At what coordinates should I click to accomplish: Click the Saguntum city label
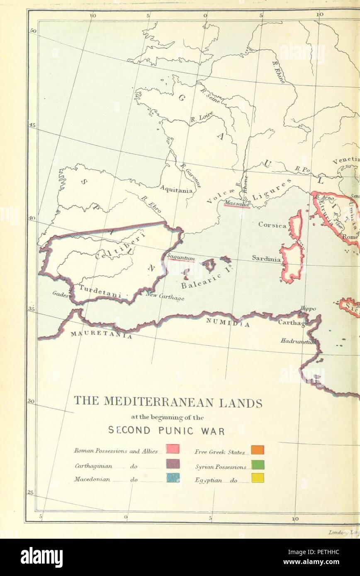(x=181, y=257)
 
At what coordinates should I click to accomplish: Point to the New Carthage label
(x=165, y=296)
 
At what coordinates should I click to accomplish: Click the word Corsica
(x=272, y=225)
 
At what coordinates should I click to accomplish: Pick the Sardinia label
(x=266, y=258)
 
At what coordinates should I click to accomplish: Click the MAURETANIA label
(x=101, y=334)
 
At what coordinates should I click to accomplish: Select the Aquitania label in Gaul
(x=176, y=190)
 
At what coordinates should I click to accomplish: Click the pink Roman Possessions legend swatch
(x=173, y=449)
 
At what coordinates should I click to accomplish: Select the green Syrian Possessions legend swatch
(x=258, y=465)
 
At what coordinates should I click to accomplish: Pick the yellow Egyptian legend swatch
(x=258, y=478)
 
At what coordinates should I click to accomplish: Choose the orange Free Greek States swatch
(x=258, y=450)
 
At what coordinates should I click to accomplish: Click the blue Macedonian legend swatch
(x=173, y=477)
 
